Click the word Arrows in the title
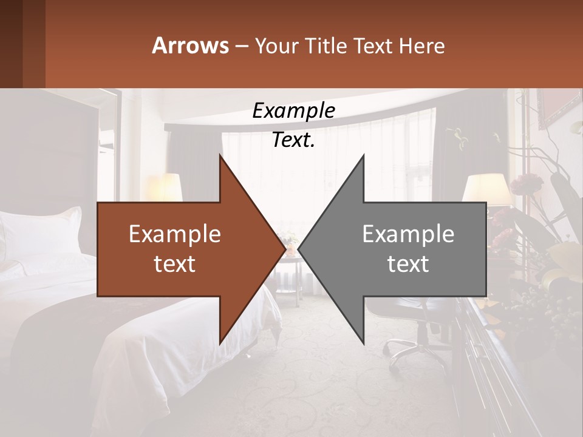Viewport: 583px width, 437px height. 190,46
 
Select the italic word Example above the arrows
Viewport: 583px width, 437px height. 293,111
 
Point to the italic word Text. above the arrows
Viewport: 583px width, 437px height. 293,140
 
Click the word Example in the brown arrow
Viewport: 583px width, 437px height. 175,234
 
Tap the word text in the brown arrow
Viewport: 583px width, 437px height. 175,264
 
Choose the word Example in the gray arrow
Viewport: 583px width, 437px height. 408,234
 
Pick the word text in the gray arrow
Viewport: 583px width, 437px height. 408,264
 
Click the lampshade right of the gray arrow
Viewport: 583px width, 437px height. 486,188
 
